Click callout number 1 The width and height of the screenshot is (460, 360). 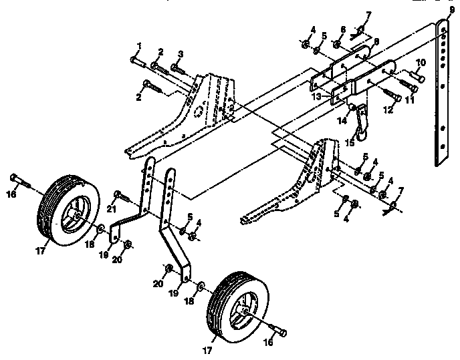pyautogui.click(x=139, y=45)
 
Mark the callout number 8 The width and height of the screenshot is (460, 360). pyautogui.click(x=377, y=41)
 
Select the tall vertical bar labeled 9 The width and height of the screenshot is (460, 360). pyautogui.click(x=443, y=94)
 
